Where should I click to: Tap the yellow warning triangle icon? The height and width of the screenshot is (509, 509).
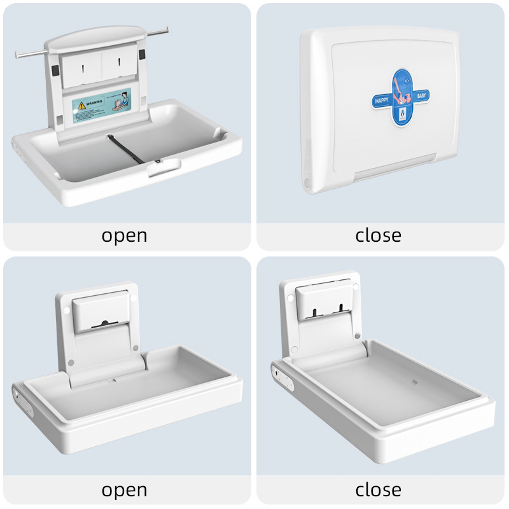81,102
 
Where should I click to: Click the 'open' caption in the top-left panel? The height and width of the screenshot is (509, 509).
125,235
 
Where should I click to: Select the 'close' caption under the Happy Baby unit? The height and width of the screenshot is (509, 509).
379,235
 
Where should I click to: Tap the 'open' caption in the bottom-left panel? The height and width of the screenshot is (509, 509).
125,490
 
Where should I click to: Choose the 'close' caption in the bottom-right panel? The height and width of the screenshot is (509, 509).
379,490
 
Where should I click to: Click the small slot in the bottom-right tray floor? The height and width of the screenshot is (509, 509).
415,384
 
